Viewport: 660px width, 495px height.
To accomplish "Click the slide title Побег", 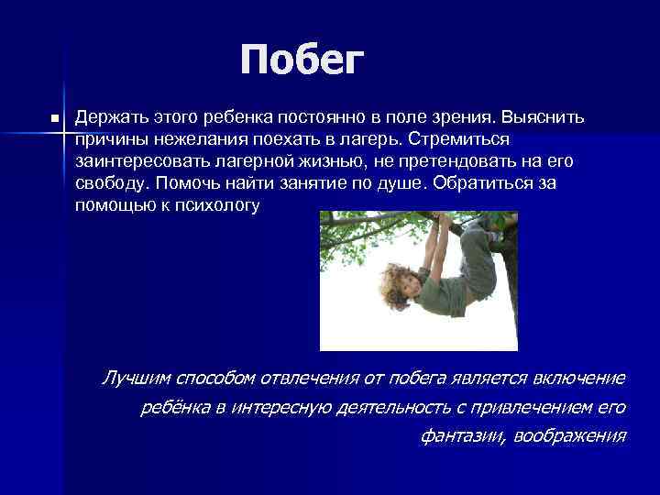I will [x=302, y=61].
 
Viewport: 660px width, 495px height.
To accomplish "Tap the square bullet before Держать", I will [x=55, y=119].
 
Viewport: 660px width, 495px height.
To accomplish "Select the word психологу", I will [x=221, y=205].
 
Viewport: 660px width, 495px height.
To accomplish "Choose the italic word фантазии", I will [x=453, y=435].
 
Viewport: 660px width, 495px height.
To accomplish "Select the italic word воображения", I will [x=571, y=435].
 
